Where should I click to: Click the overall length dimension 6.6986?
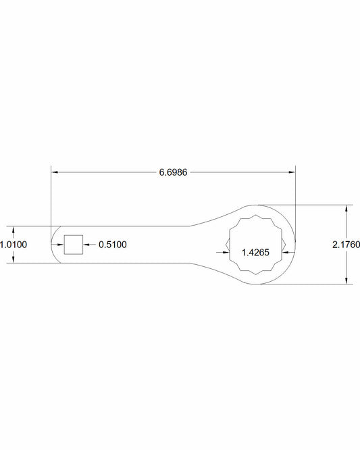[173, 172]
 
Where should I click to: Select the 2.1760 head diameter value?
[346, 245]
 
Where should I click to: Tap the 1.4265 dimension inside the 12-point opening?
[255, 253]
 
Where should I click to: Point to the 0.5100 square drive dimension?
[112, 245]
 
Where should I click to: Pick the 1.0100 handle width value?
[14, 245]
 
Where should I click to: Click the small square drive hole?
[74, 245]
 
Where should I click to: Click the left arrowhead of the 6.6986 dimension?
[55, 172]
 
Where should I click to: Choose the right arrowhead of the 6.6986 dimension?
[292, 172]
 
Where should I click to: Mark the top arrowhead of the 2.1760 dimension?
[346, 209]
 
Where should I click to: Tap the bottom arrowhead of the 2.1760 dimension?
[346, 280]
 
